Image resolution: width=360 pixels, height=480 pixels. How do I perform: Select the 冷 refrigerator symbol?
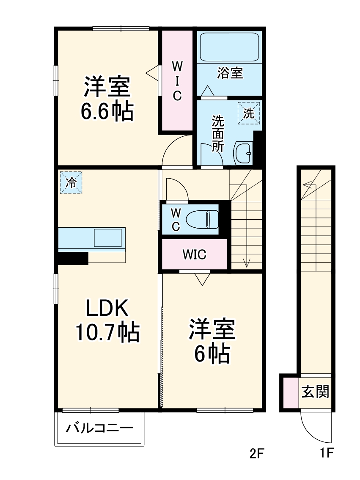tap(71, 183)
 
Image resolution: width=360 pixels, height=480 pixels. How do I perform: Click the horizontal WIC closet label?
tap(194, 255)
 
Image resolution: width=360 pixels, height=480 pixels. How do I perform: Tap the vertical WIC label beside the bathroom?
tap(177, 80)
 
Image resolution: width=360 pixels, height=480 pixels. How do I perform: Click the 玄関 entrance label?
tap(315, 392)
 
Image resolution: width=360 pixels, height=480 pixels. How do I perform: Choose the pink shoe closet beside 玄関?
tap(291, 393)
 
